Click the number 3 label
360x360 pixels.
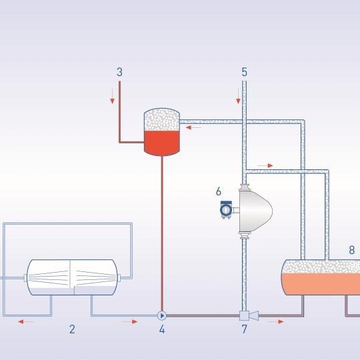[x=119, y=72]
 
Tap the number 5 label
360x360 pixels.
[x=244, y=72]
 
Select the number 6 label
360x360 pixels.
[x=219, y=191]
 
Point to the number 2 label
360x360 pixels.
[x=72, y=329]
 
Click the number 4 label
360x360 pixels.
[x=162, y=329]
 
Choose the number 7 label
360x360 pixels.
[x=244, y=329]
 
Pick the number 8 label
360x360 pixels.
[x=351, y=250]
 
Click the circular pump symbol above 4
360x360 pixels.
[x=162, y=316]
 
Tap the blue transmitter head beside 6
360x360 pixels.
[x=226, y=209]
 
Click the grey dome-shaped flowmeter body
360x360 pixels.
[x=255, y=211]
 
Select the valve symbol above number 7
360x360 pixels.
[x=249, y=315]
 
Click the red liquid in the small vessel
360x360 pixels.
[x=161, y=143]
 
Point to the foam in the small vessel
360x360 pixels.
[x=161, y=119]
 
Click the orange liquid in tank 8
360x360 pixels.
[x=321, y=284]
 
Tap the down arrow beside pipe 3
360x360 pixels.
[x=112, y=96]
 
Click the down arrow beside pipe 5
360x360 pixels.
[x=238, y=96]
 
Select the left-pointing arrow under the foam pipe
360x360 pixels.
[x=193, y=127]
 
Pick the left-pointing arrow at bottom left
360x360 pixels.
[x=26, y=321]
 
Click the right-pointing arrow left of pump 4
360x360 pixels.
[x=130, y=321]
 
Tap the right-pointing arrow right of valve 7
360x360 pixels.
[x=276, y=321]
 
